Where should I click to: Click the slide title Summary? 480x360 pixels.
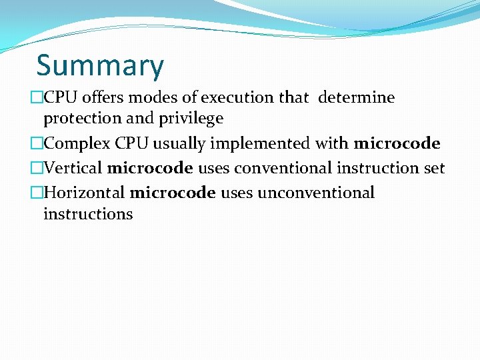coord(100,66)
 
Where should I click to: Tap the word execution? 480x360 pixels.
coord(237,98)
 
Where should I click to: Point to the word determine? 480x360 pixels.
coord(357,98)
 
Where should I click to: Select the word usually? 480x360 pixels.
coord(178,144)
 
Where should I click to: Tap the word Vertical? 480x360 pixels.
coord(73,169)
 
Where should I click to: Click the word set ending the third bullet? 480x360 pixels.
coord(434,169)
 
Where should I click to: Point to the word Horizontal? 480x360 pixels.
coord(84,193)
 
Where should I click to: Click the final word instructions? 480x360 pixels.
coord(88,215)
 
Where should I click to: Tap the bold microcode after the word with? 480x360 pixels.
coord(397,144)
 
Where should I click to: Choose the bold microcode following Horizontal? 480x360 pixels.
coord(173,193)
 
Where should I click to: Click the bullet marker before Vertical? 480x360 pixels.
coord(37,169)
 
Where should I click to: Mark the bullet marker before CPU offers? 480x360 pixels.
coord(37,98)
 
